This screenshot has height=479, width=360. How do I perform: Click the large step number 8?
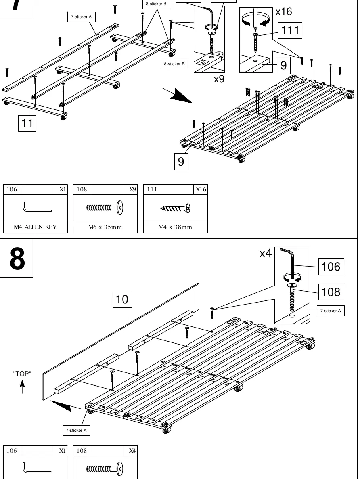coord(17,259)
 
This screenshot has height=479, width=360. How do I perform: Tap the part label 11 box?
coord(27,123)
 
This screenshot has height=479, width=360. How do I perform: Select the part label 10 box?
coord(122,299)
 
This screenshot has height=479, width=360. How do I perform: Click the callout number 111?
coord(290,30)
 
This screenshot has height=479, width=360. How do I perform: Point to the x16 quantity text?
coord(284,12)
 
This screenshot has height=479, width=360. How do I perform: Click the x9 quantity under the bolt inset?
coord(219,79)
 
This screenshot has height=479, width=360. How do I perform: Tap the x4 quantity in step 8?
coord(265,253)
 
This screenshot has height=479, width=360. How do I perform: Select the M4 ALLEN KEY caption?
coord(35,227)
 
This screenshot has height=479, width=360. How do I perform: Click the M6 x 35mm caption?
coord(105,227)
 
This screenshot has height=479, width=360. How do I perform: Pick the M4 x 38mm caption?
coord(175,227)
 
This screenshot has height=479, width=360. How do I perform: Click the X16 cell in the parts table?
coord(201,189)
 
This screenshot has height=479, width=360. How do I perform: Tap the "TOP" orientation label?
coord(22,374)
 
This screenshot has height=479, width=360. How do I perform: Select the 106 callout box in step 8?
coord(331,267)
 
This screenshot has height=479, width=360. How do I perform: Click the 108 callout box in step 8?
coord(331,292)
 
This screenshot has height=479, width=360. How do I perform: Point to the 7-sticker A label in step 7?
coord(81,17)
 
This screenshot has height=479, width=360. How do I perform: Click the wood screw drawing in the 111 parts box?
coord(175,208)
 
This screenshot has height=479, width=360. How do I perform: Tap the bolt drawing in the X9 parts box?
coord(105,208)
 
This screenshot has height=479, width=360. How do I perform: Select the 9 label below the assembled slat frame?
coord(181,161)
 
